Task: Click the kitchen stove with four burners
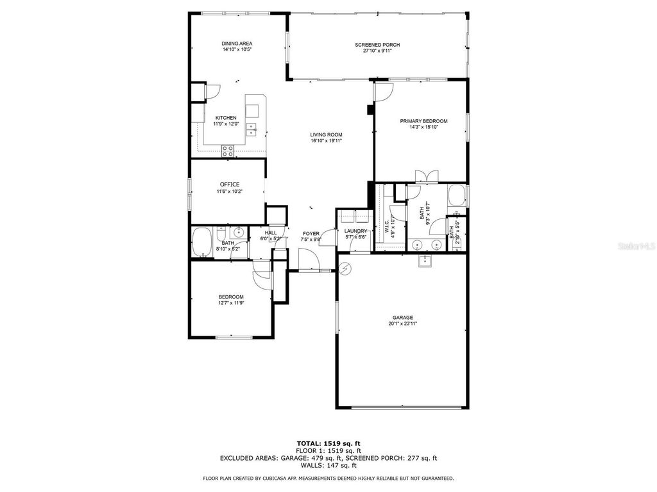click(228, 151)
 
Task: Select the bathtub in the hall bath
click(203, 243)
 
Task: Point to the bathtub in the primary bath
click(457, 195)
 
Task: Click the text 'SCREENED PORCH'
click(377, 45)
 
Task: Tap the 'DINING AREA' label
click(237, 44)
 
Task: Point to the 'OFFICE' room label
click(229, 184)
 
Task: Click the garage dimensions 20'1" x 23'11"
click(403, 324)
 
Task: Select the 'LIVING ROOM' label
click(326, 135)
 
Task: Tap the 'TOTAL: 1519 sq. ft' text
click(328, 443)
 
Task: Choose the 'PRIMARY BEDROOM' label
click(423, 121)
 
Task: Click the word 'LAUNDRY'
click(355, 231)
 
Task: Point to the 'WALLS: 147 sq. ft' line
click(328, 465)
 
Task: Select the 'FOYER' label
click(311, 233)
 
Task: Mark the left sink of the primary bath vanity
click(419, 244)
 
